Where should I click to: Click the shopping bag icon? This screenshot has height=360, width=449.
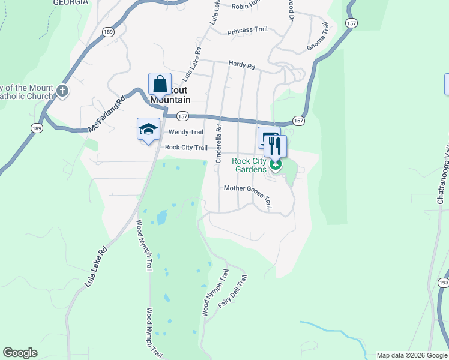(x=160, y=83)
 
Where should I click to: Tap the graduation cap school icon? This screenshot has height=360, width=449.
(x=148, y=128)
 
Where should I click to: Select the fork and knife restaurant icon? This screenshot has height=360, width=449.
(x=275, y=145)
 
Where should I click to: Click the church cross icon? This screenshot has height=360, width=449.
(x=62, y=91)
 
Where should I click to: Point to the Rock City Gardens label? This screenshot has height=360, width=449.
(x=249, y=165)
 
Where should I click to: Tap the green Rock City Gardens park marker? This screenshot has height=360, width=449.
(x=276, y=165)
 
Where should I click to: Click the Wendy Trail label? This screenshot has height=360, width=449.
(x=186, y=132)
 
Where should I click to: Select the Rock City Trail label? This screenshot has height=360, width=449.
(x=186, y=148)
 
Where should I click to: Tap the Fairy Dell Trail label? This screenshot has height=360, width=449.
(x=233, y=292)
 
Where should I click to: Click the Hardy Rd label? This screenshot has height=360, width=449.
(x=242, y=64)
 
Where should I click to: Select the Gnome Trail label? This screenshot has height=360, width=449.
(x=317, y=37)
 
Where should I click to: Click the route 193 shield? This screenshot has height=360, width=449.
(x=443, y=281)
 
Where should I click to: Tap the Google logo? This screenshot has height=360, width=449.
(x=20, y=353)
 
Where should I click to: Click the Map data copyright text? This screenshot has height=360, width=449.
(x=411, y=355)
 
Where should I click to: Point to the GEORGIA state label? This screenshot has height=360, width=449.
(x=70, y=2)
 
